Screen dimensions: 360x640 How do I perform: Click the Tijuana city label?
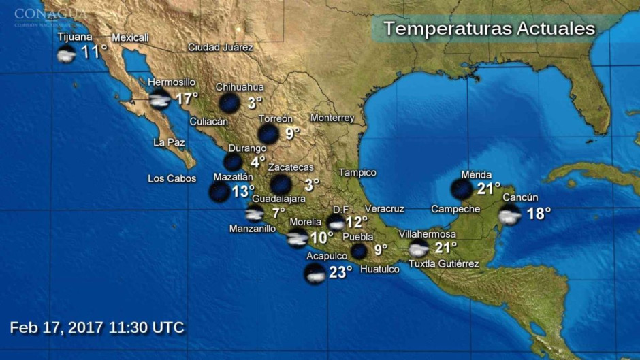pyautogui.click(x=75, y=37)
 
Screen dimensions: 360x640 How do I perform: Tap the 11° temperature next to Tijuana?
pyautogui.click(x=95, y=52)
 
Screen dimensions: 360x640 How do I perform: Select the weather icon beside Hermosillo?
pyautogui.click(x=160, y=100)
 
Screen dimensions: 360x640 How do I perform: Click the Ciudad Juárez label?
pyautogui.click(x=221, y=48)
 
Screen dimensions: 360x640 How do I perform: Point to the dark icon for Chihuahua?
pyautogui.click(x=229, y=103)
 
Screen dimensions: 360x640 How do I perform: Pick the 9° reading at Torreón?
pyautogui.click(x=292, y=133)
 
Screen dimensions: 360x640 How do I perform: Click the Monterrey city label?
pyautogui.click(x=332, y=118)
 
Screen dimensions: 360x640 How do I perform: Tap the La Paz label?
pyautogui.click(x=169, y=142)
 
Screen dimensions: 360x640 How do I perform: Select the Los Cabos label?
pyautogui.click(x=172, y=179)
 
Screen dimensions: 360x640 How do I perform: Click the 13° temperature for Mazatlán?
pyautogui.click(x=243, y=192)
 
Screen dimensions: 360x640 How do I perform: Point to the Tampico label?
pyautogui.click(x=357, y=173)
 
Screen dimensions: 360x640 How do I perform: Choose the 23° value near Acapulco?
pyautogui.click(x=340, y=273)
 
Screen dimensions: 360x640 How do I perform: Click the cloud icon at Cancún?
pyautogui.click(x=509, y=215)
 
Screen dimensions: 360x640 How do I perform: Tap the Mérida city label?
pyautogui.click(x=476, y=175)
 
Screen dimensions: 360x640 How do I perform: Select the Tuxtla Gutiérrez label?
pyautogui.click(x=443, y=264)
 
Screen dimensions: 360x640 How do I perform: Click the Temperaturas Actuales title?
pyautogui.click(x=489, y=29)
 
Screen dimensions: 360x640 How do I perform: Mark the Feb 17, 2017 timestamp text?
pyautogui.click(x=97, y=327)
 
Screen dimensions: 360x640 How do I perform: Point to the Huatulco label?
pyautogui.click(x=379, y=269)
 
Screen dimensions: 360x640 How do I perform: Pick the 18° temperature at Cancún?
pyautogui.click(x=539, y=214)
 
